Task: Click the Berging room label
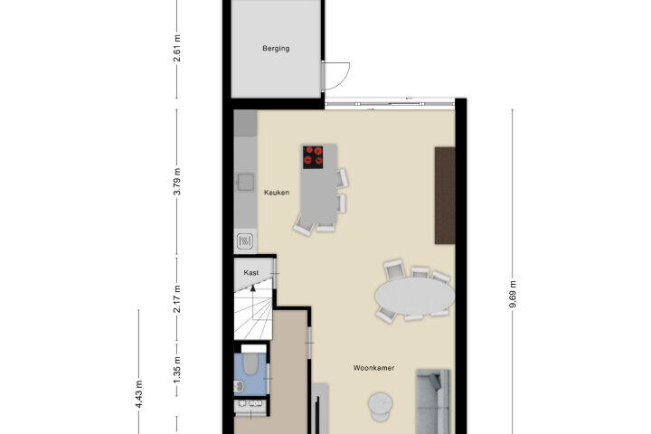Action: pos(276,48)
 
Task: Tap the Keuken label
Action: pos(277,193)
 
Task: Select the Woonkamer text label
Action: pos(373,368)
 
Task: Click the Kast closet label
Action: pos(251,272)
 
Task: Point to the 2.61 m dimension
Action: pos(177,48)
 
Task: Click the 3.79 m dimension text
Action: pos(177,182)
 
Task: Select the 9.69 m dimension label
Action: pos(513,295)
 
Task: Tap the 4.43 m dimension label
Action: pos(139,393)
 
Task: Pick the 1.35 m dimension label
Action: pos(177,370)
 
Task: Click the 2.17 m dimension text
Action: pos(177,298)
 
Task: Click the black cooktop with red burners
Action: pos(313,157)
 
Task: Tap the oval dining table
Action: pos(414,296)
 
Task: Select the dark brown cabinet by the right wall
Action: pos(445,195)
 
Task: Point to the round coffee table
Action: pos(380,405)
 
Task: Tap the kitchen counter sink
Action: pos(245,182)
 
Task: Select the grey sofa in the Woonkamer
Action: pos(432,401)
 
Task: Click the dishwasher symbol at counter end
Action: pos(245,241)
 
